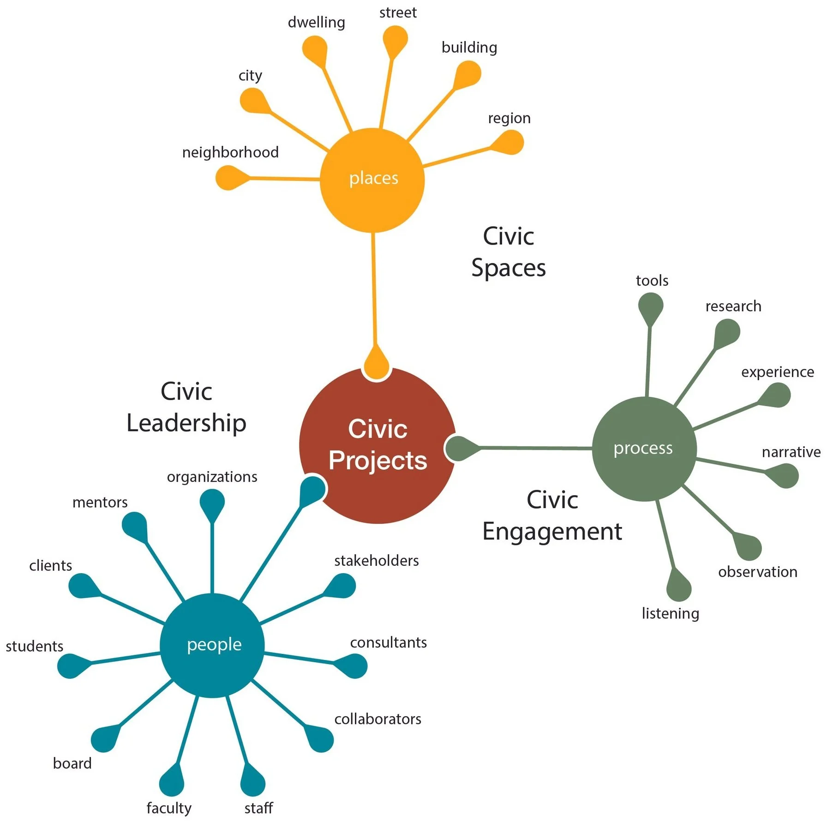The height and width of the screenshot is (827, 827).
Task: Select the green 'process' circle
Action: pyautogui.click(x=644, y=449)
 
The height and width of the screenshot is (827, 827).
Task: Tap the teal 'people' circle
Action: pyautogui.click(x=212, y=645)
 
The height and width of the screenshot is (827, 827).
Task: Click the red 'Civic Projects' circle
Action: pyautogui.click(x=378, y=446)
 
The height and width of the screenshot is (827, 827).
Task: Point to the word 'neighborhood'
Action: pyautogui.click(x=230, y=152)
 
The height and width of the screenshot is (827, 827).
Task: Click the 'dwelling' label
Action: pyautogui.click(x=316, y=22)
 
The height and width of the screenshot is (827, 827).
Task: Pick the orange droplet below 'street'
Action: pyautogui.click(x=395, y=38)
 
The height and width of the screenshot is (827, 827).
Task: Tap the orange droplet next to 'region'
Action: pyautogui.click(x=510, y=142)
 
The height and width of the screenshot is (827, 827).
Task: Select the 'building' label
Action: pyautogui.click(x=469, y=47)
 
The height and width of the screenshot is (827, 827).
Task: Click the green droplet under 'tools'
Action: pyautogui.click(x=651, y=306)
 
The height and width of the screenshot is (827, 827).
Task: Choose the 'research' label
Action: pyautogui.click(x=733, y=306)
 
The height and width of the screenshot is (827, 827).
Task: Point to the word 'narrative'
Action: pyautogui.click(x=791, y=452)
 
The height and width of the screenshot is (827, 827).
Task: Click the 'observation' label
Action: pyautogui.click(x=757, y=572)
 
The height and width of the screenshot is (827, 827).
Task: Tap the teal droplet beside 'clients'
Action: pyautogui.click(x=82, y=586)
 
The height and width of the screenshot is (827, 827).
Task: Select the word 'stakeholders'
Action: pyautogui.click(x=377, y=560)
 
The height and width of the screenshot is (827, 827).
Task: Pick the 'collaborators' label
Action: pyautogui.click(x=378, y=719)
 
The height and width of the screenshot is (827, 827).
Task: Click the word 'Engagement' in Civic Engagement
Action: pyautogui.click(x=552, y=531)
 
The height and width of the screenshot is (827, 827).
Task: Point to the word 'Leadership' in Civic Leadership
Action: pyautogui.click(x=186, y=423)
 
